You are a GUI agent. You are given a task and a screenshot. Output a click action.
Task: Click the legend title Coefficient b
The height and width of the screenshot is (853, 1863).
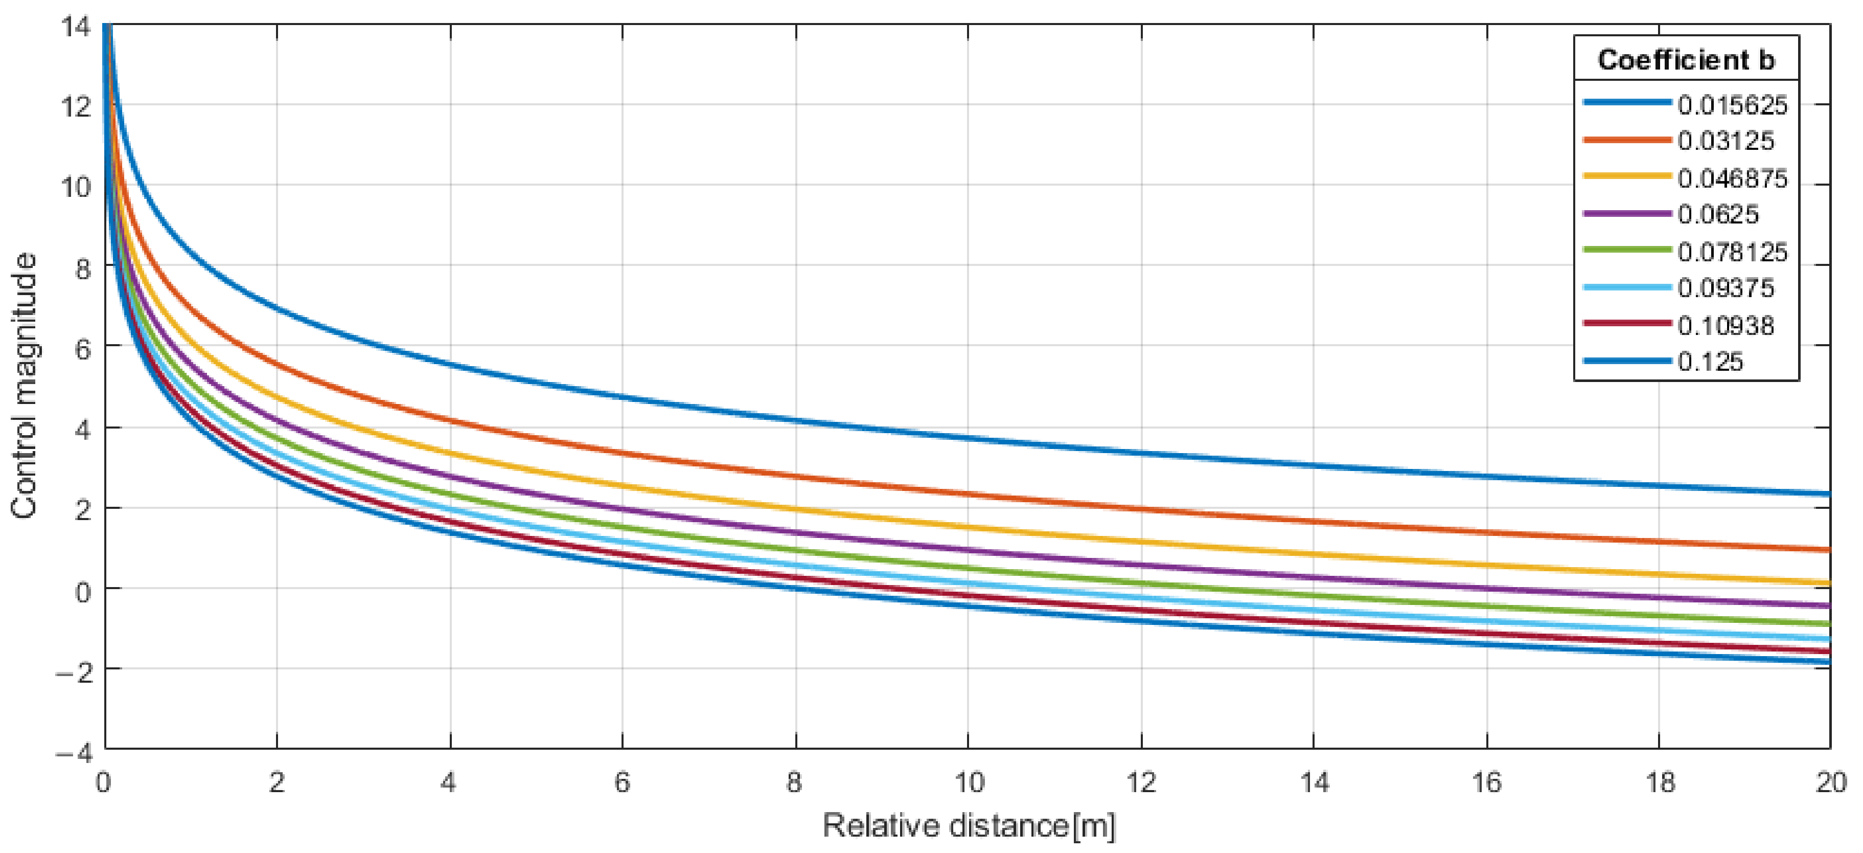[x=1686, y=60]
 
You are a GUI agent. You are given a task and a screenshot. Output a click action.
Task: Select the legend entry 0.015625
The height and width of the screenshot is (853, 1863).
[x=1732, y=105]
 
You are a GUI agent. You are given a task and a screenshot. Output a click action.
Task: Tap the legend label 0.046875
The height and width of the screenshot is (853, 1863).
[x=1732, y=178]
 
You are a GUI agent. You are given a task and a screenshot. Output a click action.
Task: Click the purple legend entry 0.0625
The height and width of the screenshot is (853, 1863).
[x=1718, y=214]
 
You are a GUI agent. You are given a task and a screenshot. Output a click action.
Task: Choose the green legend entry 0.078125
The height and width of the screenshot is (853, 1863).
[x=1732, y=252]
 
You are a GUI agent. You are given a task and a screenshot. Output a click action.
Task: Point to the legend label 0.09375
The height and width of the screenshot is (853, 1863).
[x=1726, y=288]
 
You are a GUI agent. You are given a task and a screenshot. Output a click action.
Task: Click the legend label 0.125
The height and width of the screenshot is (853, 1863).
[x=1710, y=361]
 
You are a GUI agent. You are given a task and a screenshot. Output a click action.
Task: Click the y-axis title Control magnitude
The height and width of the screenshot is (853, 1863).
[x=24, y=386]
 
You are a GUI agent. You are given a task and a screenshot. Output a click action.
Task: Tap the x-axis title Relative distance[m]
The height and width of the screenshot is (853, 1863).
[x=969, y=825]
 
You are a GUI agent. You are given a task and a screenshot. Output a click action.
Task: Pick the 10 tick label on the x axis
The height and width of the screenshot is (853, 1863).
[x=969, y=782]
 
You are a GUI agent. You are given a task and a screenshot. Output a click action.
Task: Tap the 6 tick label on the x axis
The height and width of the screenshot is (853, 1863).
[x=622, y=782]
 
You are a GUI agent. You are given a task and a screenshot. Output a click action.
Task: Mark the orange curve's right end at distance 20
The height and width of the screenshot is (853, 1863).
[x=1828, y=550]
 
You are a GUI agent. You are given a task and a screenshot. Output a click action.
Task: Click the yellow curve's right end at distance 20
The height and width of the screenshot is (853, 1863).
[x=1828, y=582]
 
